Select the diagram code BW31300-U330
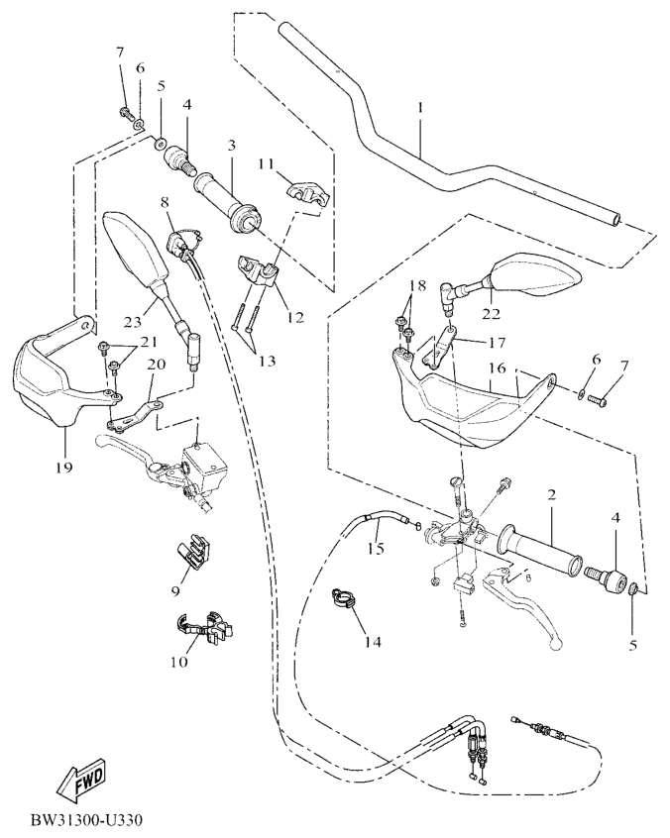(87, 821)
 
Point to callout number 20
(154, 365)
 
